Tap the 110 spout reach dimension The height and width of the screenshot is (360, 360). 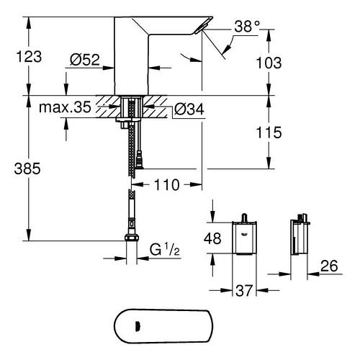[167, 185]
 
